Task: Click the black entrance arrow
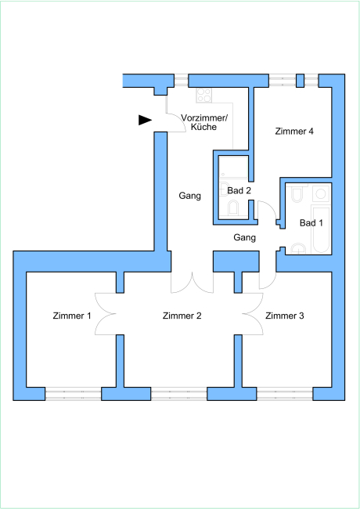tap(145, 120)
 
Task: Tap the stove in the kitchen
tap(204, 95)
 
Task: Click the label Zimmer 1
tap(72, 316)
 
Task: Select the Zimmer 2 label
tap(182, 316)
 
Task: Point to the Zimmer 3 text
tap(285, 316)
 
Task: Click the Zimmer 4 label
tap(294, 131)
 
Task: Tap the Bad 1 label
tap(311, 222)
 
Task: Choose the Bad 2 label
tap(239, 190)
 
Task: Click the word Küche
tap(203, 127)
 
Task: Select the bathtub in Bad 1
tap(321, 229)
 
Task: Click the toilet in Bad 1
tap(297, 194)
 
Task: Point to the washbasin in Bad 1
tap(297, 249)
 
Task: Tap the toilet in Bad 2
tap(233, 208)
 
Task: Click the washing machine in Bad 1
tap(321, 193)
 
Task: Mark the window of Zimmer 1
tap(73, 394)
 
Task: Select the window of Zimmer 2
tap(178, 394)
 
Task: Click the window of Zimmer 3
tap(285, 394)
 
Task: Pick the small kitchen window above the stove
tap(182, 81)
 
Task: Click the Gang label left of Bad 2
tap(189, 196)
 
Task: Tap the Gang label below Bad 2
tap(244, 237)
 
